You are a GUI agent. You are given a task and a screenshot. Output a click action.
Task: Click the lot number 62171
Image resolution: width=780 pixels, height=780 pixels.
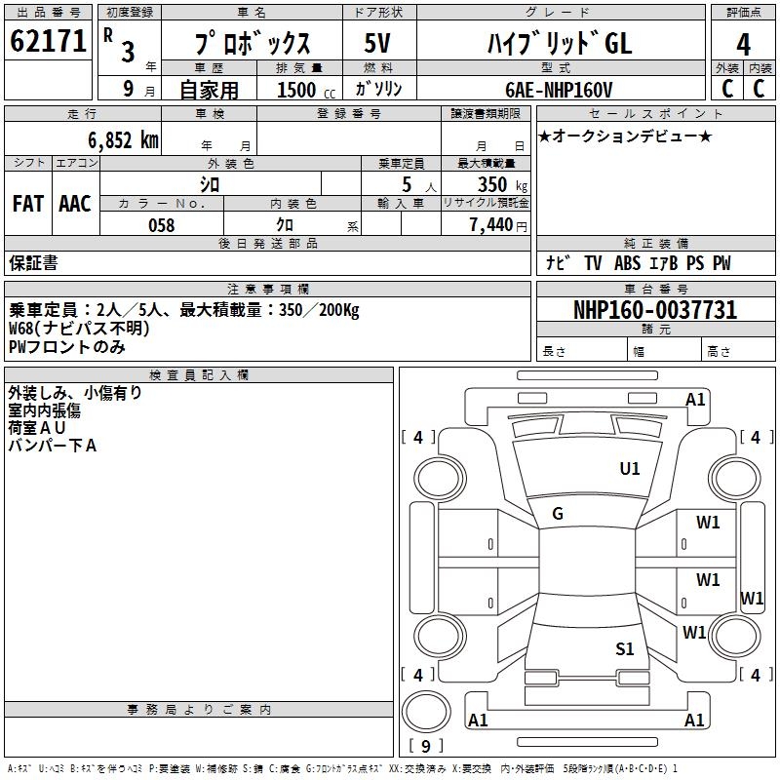(48, 42)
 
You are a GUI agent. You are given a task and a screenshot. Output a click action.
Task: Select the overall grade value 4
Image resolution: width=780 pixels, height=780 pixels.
(743, 45)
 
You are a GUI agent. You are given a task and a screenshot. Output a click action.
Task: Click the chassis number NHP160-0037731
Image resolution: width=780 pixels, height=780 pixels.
(655, 310)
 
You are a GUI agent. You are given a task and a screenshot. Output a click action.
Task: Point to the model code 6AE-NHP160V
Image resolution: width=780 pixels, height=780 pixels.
(559, 90)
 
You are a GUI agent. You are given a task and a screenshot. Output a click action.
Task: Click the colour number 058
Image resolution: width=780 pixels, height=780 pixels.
(161, 225)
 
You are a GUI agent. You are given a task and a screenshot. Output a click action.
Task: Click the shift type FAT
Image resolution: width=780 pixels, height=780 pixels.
(27, 204)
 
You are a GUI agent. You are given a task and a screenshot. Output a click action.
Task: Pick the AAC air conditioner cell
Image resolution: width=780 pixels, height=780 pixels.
(75, 204)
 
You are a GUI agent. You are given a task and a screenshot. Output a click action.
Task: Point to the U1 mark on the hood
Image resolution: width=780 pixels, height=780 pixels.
(630, 469)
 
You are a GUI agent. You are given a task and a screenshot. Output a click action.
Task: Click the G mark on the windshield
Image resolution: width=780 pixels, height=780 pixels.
(558, 514)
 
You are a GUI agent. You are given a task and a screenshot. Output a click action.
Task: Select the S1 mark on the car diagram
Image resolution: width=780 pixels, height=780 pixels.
(625, 648)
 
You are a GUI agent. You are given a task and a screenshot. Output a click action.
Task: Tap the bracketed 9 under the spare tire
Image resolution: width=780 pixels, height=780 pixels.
(425, 746)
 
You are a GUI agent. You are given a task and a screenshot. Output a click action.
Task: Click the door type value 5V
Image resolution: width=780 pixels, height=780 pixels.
(379, 44)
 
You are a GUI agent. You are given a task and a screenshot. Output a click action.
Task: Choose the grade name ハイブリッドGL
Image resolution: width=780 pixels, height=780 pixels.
(559, 44)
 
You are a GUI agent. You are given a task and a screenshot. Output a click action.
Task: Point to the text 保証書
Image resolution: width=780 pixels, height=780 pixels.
(33, 262)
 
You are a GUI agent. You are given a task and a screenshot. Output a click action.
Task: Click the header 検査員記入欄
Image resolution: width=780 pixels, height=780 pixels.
(199, 375)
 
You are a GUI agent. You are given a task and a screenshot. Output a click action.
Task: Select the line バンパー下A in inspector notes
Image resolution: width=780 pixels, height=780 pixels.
(53, 446)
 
